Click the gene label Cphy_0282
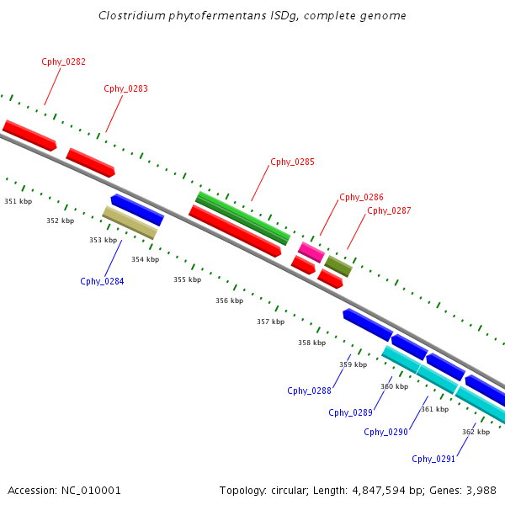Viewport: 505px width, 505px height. tap(63, 62)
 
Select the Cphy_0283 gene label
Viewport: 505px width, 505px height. tap(125, 88)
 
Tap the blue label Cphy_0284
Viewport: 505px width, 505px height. tap(102, 281)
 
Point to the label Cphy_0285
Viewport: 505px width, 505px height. tap(292, 162)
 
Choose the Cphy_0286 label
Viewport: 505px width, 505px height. tap(361, 198)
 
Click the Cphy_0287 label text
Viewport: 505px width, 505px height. tap(389, 210)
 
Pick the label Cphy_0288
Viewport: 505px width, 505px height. tap(309, 391)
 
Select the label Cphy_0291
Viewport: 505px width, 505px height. tap(433, 459)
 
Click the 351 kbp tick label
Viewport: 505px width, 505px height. tap(18, 202)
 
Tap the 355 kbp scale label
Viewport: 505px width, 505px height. tap(187, 279)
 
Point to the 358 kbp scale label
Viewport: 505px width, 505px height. tap(311, 343)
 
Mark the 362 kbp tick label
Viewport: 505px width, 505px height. tap(476, 432)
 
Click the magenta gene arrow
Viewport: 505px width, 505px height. tap(311, 251)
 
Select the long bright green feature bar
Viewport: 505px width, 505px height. tap(242, 217)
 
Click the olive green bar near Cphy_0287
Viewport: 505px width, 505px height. tap(338, 266)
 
